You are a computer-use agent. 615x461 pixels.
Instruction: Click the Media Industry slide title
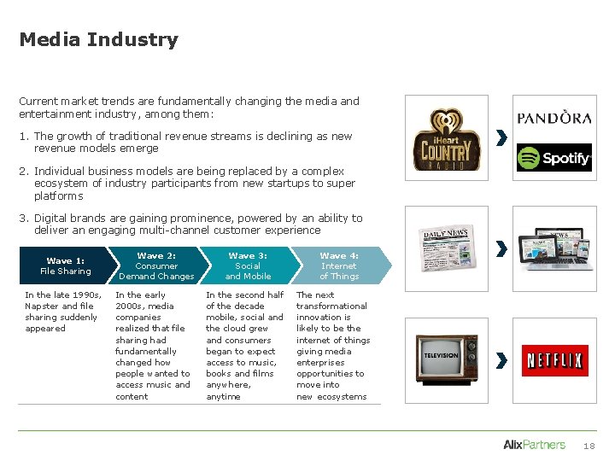pyautogui.click(x=98, y=40)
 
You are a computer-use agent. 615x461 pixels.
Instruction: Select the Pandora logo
pyautogui.click(x=553, y=118)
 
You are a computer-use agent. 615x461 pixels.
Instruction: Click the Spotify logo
pyautogui.click(x=553, y=157)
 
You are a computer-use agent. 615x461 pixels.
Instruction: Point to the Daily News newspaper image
pyautogui.click(x=448, y=248)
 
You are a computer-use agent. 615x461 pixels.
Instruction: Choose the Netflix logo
pyautogui.click(x=553, y=360)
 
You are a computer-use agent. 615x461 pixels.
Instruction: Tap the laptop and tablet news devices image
pyautogui.click(x=553, y=248)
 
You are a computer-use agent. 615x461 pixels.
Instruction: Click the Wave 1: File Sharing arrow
pyautogui.click(x=65, y=266)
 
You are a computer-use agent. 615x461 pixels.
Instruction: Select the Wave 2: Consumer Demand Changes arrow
pyautogui.click(x=156, y=266)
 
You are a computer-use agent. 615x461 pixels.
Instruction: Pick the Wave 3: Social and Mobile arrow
pyautogui.click(x=248, y=266)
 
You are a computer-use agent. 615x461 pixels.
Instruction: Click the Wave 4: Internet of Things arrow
pyautogui.click(x=339, y=266)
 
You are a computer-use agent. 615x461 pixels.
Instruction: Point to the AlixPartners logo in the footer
pyautogui.click(x=534, y=445)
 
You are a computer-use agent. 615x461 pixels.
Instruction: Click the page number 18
pyautogui.click(x=589, y=446)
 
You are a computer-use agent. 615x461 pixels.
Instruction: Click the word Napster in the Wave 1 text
pyautogui.click(x=42, y=306)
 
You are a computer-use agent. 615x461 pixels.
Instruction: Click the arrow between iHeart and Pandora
pyautogui.click(x=501, y=137)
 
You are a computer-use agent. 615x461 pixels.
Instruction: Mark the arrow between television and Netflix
pyautogui.click(x=501, y=360)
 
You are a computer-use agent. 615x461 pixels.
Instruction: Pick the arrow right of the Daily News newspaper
pyautogui.click(x=501, y=248)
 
